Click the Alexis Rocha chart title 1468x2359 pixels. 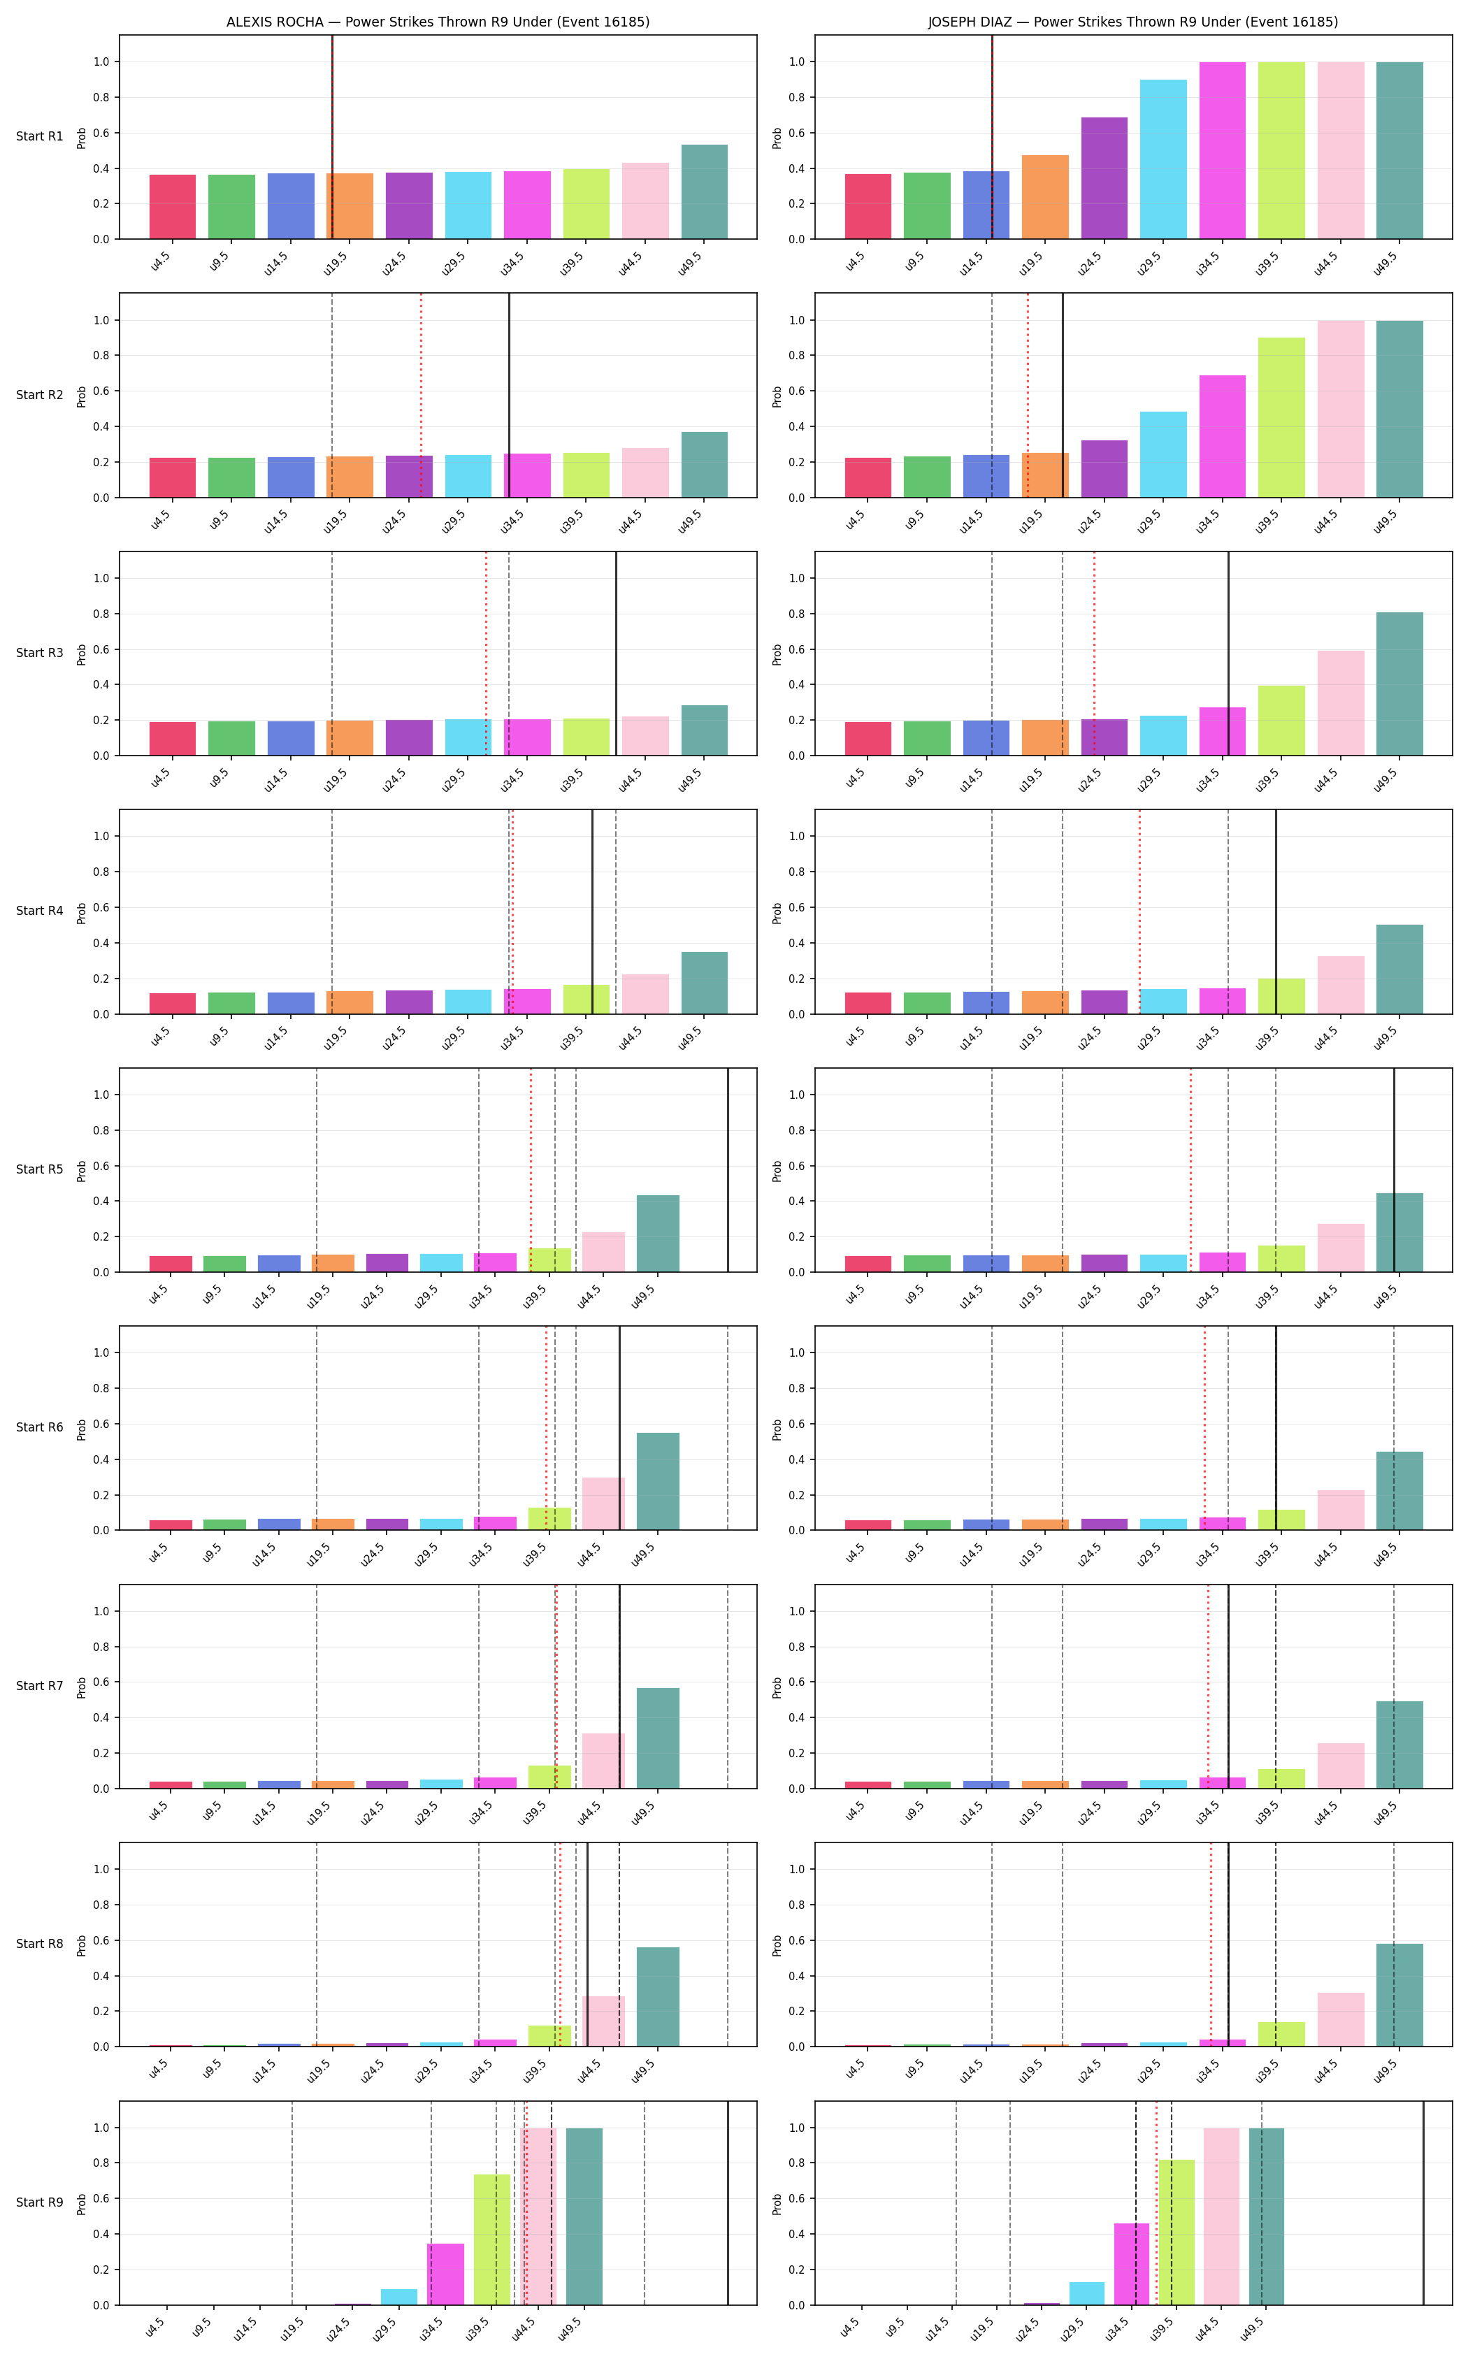(x=438, y=22)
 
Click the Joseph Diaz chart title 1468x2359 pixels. (x=1133, y=22)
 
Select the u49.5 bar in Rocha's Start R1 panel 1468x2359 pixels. (x=705, y=192)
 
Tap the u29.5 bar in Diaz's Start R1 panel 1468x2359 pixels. (x=1163, y=159)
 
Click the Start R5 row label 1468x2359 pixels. (x=40, y=1169)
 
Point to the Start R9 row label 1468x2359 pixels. (x=40, y=2202)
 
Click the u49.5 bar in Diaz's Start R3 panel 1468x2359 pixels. (x=1400, y=684)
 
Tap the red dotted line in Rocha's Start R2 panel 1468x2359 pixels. (x=422, y=395)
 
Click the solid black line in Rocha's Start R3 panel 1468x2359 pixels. (x=616, y=654)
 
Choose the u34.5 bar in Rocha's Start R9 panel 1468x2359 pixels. (x=446, y=2274)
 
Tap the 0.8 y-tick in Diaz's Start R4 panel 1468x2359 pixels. (x=797, y=872)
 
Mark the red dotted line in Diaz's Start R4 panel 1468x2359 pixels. (x=1140, y=911)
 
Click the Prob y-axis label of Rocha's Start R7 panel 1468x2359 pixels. (x=82, y=1686)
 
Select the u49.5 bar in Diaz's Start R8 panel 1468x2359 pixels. (x=1400, y=1995)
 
